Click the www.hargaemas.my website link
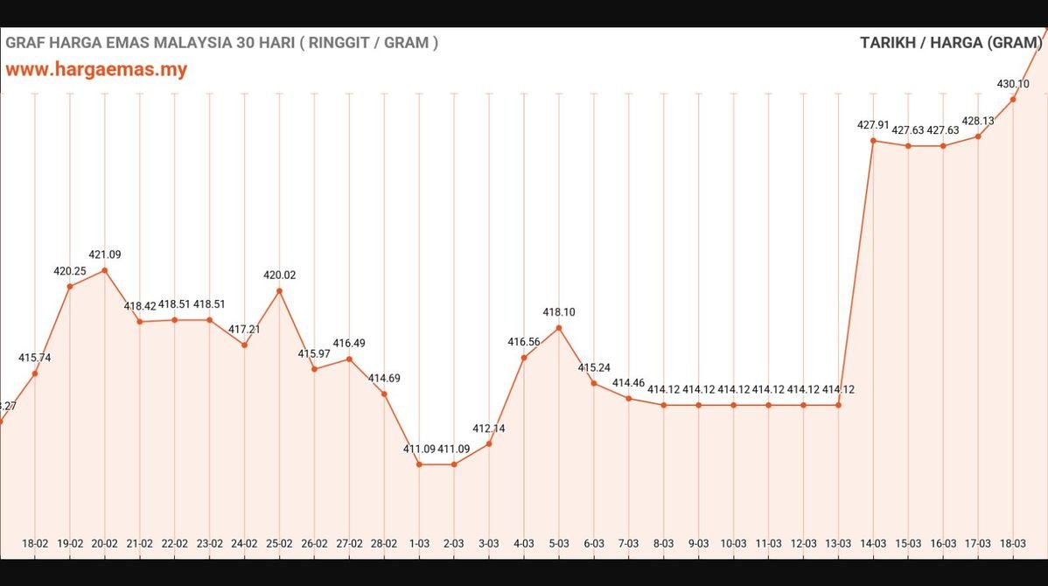96,69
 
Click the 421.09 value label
105,255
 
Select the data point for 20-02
105,270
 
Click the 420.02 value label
280,275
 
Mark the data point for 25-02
280,290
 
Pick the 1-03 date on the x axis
419,543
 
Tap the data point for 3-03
489,443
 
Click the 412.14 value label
489,429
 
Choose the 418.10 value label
559,312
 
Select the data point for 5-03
559,328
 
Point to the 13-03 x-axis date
839,543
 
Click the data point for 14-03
874,141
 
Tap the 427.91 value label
874,125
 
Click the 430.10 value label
1013,84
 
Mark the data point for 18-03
1013,99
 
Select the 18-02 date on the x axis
35,543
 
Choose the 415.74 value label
35,358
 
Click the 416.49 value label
349,343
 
